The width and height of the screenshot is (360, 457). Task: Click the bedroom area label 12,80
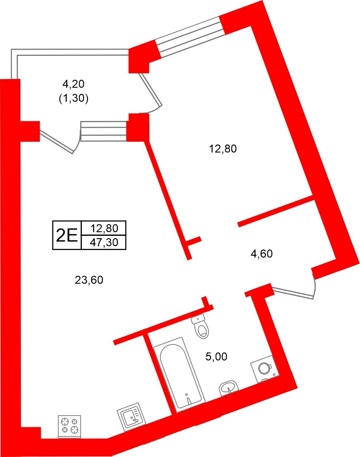[x=222, y=149]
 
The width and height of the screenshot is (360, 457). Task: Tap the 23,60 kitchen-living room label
[x=89, y=280]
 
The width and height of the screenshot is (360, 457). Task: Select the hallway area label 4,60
[x=262, y=254]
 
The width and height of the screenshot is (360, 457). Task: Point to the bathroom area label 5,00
[x=217, y=357]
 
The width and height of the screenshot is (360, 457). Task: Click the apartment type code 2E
[x=67, y=235]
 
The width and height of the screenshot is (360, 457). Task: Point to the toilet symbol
[x=201, y=327]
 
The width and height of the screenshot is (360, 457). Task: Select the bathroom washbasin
[x=229, y=389]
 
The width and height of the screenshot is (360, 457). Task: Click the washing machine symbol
[x=263, y=368]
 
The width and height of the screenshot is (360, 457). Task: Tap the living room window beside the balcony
[x=104, y=131]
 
